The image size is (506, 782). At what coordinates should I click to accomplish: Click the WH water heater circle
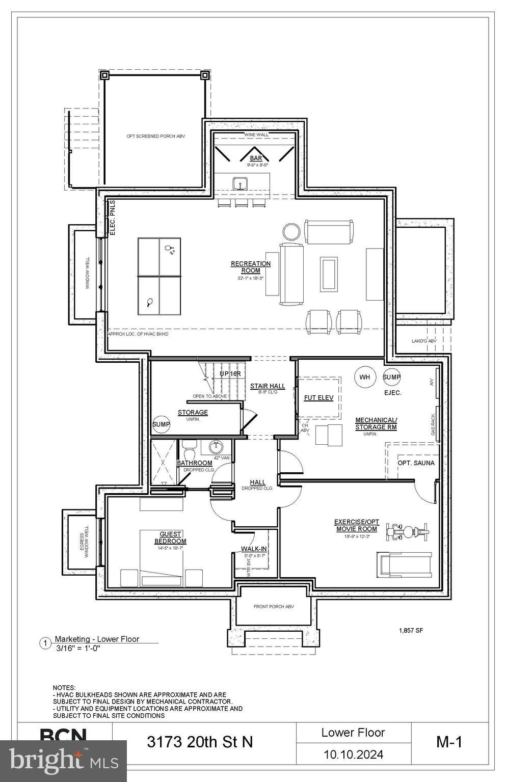(365, 377)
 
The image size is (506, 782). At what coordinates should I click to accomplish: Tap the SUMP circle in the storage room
(162, 424)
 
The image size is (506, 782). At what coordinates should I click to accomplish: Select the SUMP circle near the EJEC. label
(392, 377)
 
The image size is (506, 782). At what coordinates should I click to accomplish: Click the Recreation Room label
(251, 267)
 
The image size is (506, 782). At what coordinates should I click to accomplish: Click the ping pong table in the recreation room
(159, 276)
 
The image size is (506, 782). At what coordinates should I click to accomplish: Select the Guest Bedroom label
(170, 537)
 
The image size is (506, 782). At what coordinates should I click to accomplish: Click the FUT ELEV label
(318, 397)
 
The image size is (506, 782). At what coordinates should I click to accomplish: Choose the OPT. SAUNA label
(416, 463)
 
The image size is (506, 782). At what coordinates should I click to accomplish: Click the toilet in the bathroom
(189, 452)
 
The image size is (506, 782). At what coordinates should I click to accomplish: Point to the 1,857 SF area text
(411, 630)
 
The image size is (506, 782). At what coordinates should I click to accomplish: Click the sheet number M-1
(449, 742)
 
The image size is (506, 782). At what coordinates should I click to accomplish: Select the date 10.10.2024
(353, 754)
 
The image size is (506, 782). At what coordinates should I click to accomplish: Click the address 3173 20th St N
(200, 742)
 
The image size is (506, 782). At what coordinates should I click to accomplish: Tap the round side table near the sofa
(292, 231)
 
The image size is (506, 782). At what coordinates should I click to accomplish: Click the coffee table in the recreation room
(329, 274)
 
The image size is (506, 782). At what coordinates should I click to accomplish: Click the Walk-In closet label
(254, 549)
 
